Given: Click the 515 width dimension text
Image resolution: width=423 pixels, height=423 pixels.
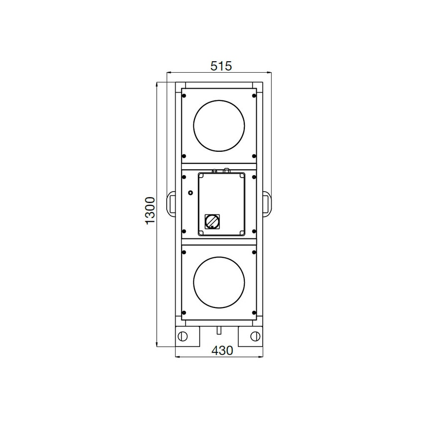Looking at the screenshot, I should pyautogui.click(x=221, y=66).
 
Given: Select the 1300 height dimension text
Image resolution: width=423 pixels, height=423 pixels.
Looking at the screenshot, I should pyautogui.click(x=151, y=210).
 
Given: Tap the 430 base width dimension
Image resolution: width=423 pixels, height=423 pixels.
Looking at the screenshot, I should pyautogui.click(x=222, y=350).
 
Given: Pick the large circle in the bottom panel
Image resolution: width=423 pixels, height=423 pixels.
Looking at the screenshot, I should pyautogui.click(x=219, y=281).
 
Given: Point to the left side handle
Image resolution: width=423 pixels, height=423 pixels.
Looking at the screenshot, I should pyautogui.click(x=170, y=204).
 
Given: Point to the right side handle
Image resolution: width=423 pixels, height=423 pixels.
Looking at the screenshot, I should pyautogui.click(x=268, y=204).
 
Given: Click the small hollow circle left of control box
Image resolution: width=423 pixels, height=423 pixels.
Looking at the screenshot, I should pyautogui.click(x=190, y=192).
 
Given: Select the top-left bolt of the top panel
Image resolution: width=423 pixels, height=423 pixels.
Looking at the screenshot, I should pyautogui.click(x=184, y=96).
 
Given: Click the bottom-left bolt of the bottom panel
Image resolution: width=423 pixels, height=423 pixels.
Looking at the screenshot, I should pyautogui.click(x=184, y=312).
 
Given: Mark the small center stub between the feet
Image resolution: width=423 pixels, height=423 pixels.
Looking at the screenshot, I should pyautogui.click(x=219, y=329).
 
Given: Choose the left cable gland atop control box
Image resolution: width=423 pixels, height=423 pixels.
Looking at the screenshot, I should pyautogui.click(x=214, y=171).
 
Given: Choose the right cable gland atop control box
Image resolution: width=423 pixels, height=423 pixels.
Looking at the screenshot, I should pyautogui.click(x=226, y=170).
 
